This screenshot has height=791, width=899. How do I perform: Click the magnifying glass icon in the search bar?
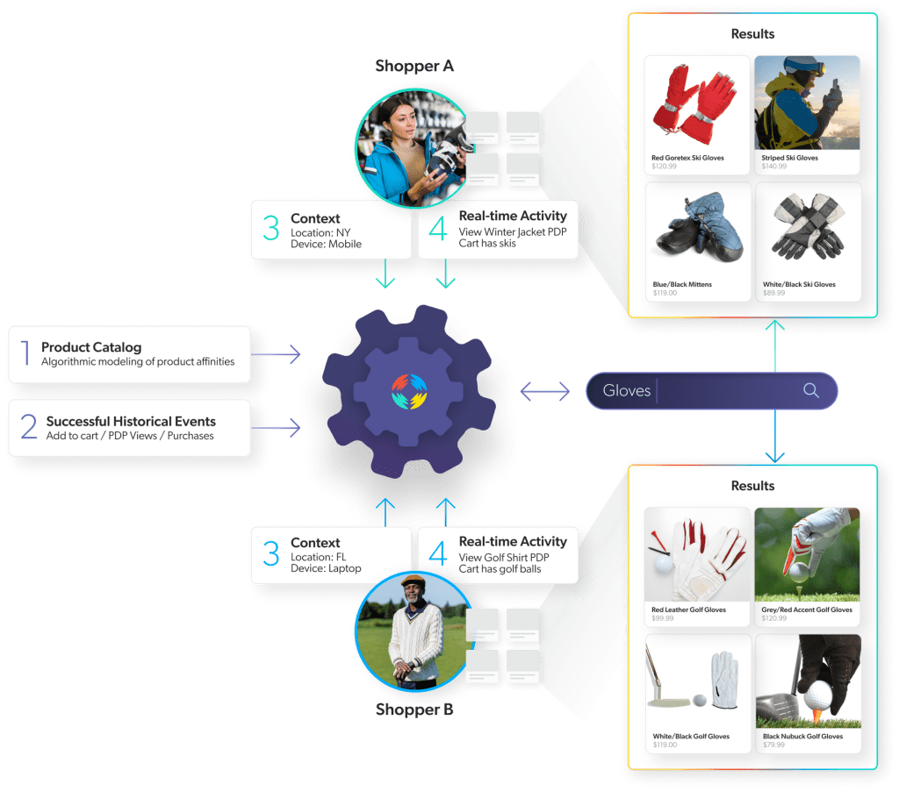point(810,390)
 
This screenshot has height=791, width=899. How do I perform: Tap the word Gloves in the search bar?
point(626,390)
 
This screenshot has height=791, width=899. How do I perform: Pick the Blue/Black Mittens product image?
point(697,230)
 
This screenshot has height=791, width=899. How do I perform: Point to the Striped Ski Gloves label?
point(790,158)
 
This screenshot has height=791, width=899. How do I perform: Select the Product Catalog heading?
point(91,347)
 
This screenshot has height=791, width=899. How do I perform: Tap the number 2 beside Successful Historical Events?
point(29,427)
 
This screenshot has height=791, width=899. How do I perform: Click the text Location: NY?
point(321,232)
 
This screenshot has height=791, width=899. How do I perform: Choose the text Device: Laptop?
point(326,568)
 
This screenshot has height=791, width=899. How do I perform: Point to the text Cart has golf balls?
point(500,568)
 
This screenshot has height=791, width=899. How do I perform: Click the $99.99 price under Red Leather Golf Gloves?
point(663,618)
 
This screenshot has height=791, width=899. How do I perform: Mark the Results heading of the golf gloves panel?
point(752,485)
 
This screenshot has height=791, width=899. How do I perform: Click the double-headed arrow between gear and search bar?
point(545,391)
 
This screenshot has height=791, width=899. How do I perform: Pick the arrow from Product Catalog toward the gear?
point(276,354)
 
